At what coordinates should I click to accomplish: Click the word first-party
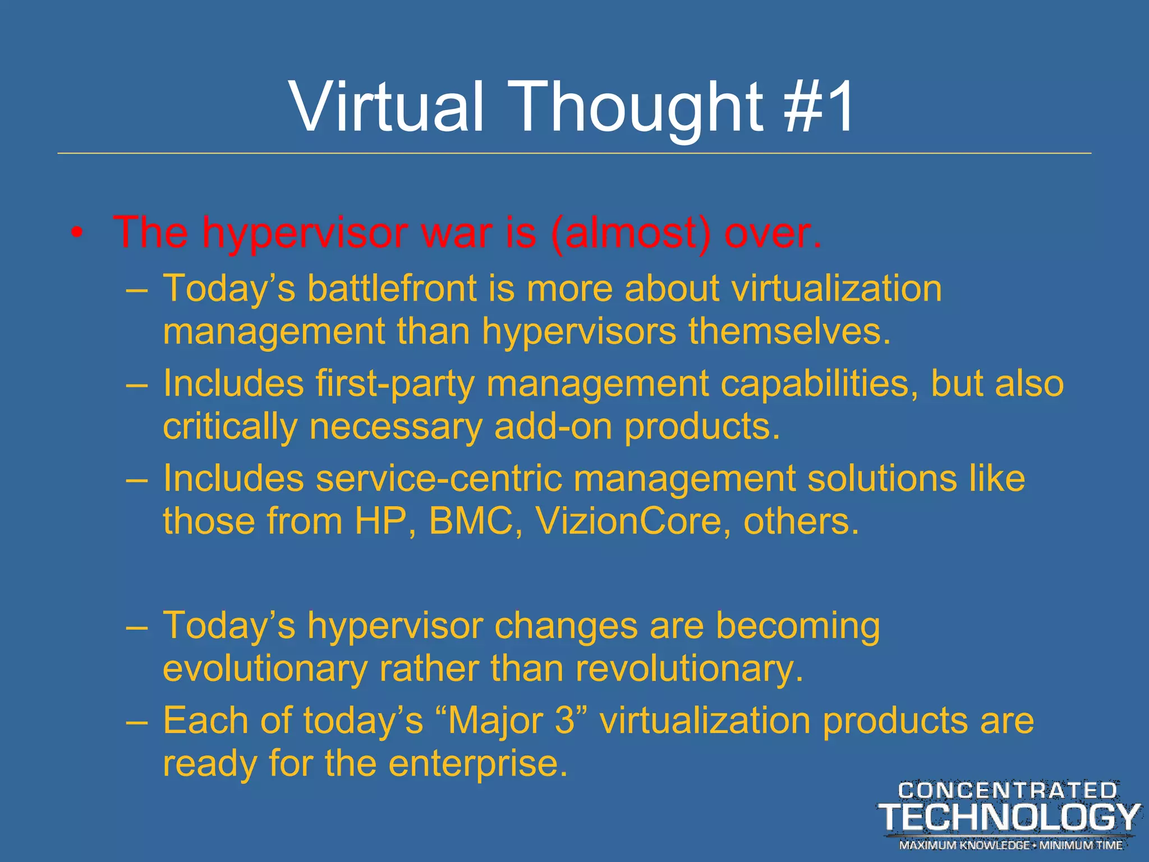click(x=395, y=384)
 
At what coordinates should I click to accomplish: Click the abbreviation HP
click(x=382, y=521)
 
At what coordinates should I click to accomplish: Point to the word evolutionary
click(x=265, y=669)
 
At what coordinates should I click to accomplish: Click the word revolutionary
click(x=689, y=669)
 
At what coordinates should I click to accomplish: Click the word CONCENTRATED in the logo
click(x=1008, y=791)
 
